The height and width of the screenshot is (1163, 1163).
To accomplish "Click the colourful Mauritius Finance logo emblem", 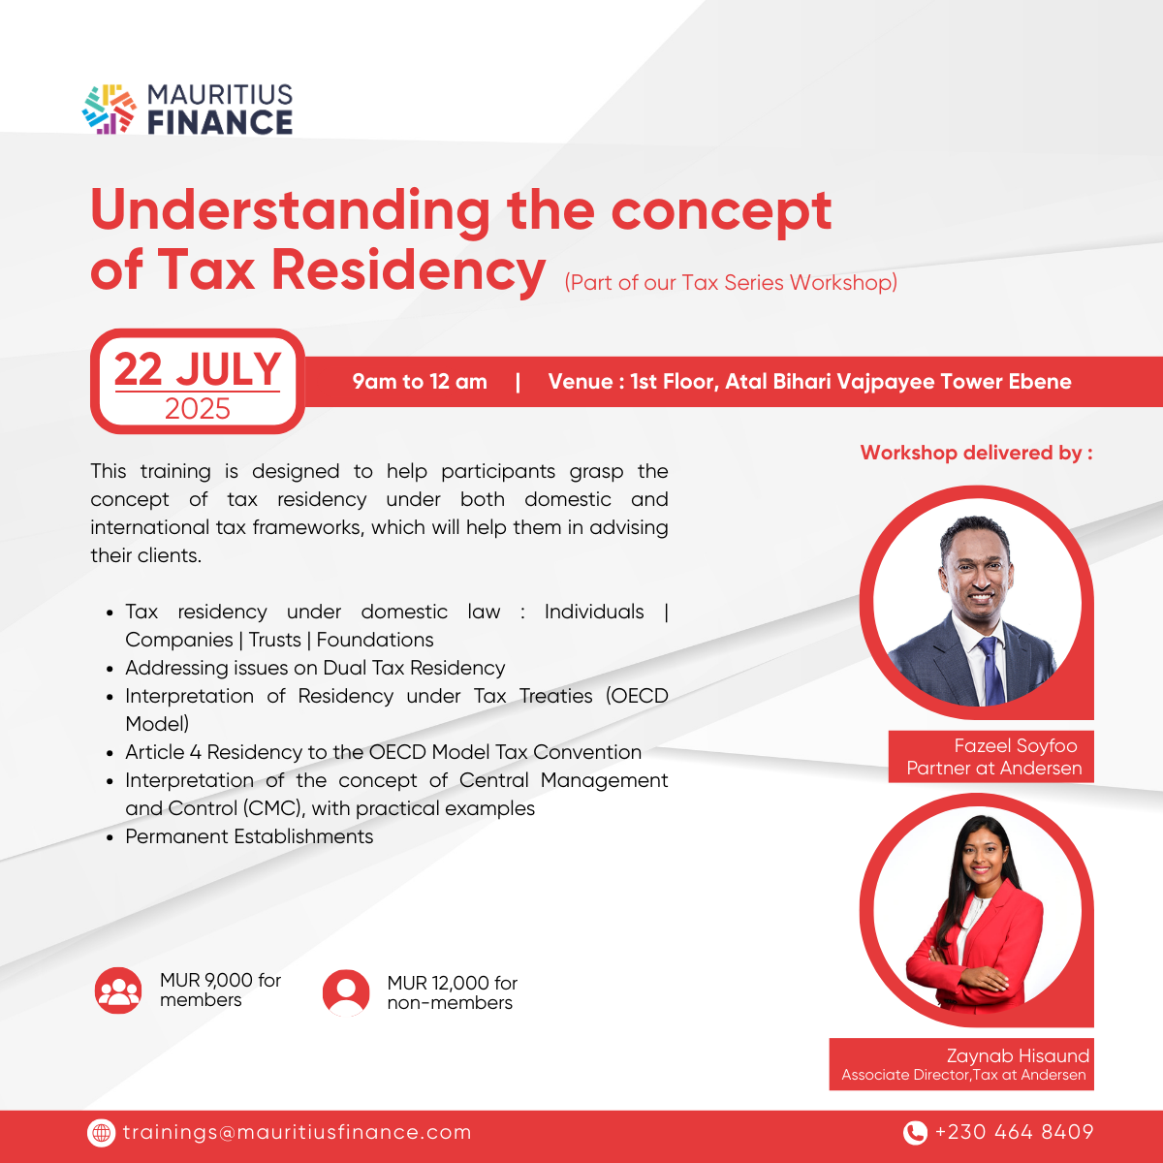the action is (x=110, y=109).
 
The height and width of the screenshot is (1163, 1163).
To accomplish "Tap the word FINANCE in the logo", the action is (x=220, y=122).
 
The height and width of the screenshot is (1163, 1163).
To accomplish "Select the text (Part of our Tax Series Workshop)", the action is (x=731, y=282).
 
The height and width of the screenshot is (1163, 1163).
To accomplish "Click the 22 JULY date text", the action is (x=198, y=368).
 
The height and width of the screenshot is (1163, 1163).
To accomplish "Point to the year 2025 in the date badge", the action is (x=198, y=409).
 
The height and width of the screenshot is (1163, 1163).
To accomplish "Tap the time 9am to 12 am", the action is (x=420, y=382).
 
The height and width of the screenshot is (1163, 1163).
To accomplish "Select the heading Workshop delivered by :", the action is (x=977, y=453).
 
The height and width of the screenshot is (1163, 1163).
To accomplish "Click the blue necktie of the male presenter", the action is (x=991, y=670).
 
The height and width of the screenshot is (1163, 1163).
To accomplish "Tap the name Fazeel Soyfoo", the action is (x=1016, y=745).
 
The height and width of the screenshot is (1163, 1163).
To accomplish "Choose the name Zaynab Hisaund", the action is (x=1018, y=1055).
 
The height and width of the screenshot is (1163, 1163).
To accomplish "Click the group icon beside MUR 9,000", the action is (x=118, y=990).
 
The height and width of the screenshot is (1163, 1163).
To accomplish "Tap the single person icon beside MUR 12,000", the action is (x=346, y=992).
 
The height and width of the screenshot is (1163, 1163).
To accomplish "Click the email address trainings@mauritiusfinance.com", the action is (x=297, y=1132).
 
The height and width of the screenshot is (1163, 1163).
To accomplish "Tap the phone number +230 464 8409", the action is (x=1014, y=1132).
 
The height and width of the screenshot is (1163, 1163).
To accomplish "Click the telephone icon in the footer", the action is (x=915, y=1133).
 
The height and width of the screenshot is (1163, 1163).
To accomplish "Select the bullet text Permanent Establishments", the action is (x=249, y=836).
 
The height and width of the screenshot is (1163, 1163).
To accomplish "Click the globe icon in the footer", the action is (x=101, y=1133).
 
